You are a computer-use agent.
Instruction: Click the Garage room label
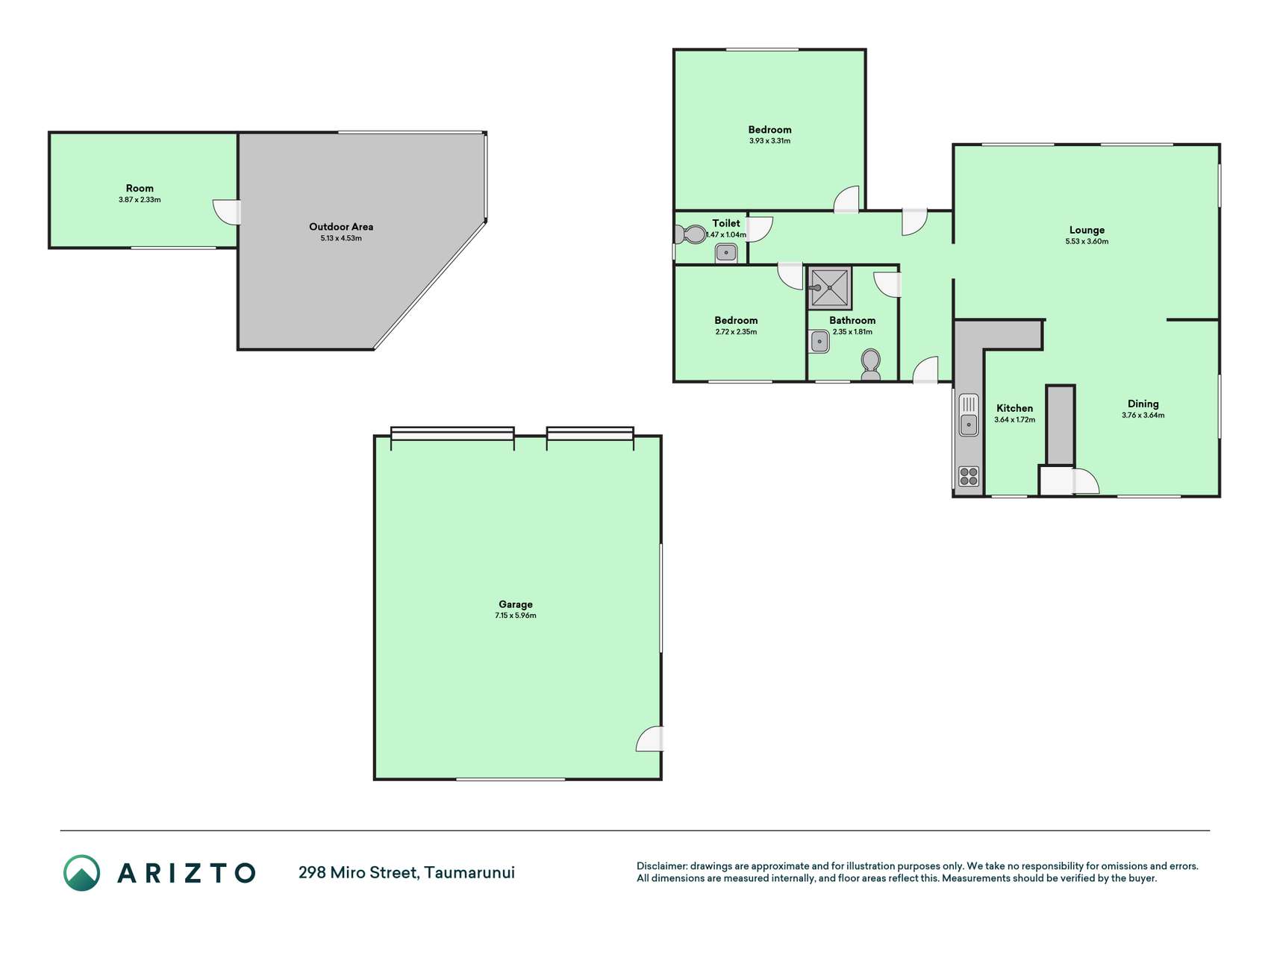[516, 604]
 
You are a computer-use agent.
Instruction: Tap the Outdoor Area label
[341, 227]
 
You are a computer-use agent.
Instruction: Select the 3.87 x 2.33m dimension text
[140, 200]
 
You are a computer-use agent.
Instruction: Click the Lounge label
[1087, 231]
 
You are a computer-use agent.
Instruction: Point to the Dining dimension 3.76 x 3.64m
[1143, 416]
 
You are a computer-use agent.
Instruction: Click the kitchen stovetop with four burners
[969, 476]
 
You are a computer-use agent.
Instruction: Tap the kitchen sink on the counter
[968, 415]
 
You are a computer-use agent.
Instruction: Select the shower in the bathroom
[829, 287]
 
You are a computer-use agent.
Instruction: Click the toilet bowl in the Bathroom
[870, 365]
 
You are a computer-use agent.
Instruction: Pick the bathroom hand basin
[819, 342]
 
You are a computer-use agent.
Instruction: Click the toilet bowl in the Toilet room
[690, 235]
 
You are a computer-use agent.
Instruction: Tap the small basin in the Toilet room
[726, 254]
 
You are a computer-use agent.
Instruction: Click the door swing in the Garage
[649, 739]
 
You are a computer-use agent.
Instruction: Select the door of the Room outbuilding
[226, 212]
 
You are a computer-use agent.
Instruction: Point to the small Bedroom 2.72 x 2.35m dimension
[736, 332]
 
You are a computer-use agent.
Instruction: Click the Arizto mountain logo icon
[81, 873]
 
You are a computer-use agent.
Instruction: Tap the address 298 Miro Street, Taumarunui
[407, 872]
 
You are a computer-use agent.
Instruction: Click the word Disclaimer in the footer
[661, 866]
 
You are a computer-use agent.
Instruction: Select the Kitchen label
[1014, 408]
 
